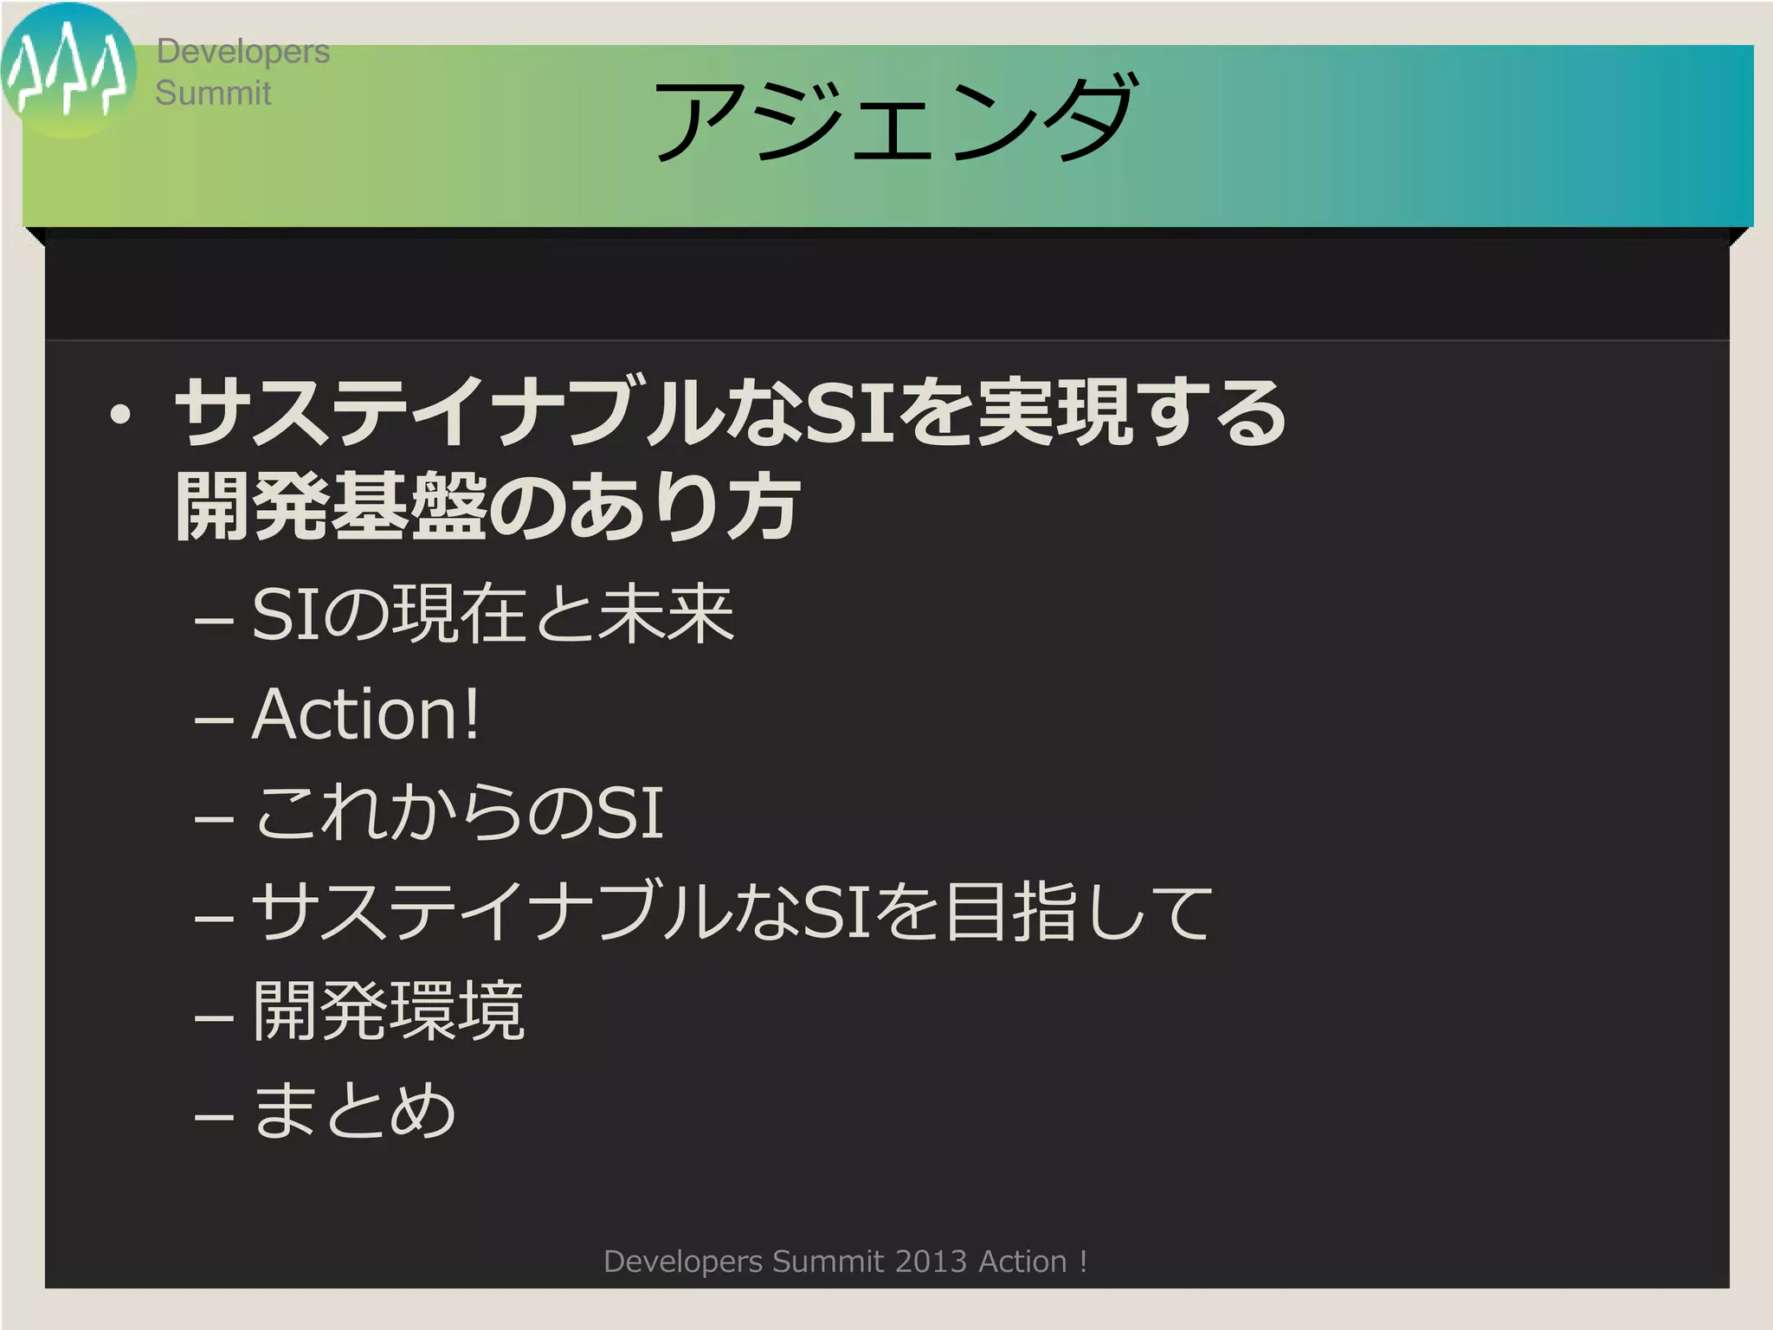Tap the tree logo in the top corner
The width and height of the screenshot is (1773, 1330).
(x=68, y=69)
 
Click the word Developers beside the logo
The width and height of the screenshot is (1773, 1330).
(x=242, y=51)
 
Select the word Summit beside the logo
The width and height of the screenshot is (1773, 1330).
(x=213, y=93)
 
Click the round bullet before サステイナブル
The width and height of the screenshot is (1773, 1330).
(x=120, y=415)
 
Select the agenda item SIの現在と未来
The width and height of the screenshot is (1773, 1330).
(x=493, y=614)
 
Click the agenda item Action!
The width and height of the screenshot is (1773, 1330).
(x=365, y=714)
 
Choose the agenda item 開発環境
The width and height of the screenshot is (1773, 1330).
(x=389, y=1010)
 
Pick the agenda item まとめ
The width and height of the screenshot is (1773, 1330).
(x=354, y=1110)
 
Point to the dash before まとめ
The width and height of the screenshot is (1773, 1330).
(x=214, y=1116)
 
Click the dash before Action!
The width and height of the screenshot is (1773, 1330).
(x=214, y=720)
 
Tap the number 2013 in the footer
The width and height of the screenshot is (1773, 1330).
(x=931, y=1262)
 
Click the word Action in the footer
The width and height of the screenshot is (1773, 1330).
(x=1022, y=1262)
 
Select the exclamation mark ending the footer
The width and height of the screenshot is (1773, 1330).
(x=1083, y=1262)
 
